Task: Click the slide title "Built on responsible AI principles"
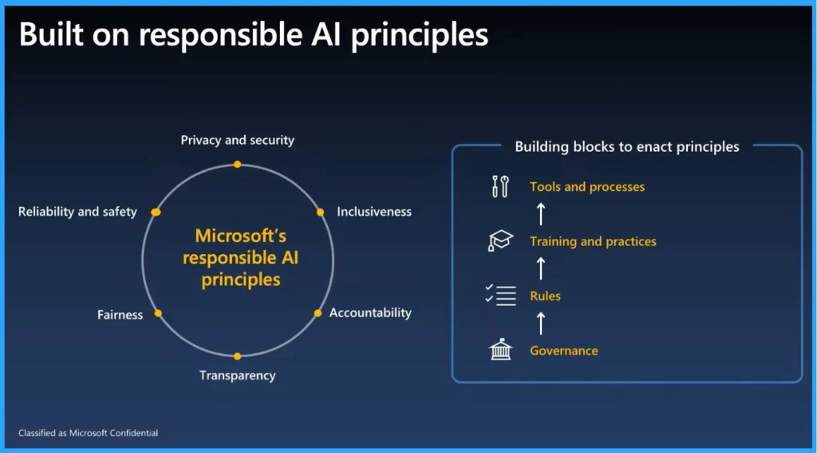click(x=253, y=35)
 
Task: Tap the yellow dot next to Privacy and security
click(x=237, y=165)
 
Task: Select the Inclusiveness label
click(x=374, y=212)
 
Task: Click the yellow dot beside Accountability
click(x=318, y=313)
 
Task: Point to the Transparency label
click(x=238, y=376)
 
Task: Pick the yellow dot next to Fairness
click(x=158, y=313)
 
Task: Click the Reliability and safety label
click(x=77, y=212)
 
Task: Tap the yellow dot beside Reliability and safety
click(x=156, y=212)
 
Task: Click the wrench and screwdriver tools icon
click(x=500, y=186)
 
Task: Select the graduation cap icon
click(x=500, y=240)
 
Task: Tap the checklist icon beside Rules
click(x=500, y=296)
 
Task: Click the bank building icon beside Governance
click(x=501, y=350)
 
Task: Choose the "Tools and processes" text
click(x=587, y=187)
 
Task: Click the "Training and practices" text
click(x=593, y=241)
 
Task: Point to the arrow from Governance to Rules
click(x=541, y=323)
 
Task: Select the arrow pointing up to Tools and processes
click(x=541, y=214)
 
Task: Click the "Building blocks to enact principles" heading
click(x=627, y=147)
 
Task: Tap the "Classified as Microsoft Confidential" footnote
click(x=88, y=433)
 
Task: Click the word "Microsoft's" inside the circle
click(x=241, y=236)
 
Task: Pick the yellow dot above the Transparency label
click(x=237, y=356)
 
